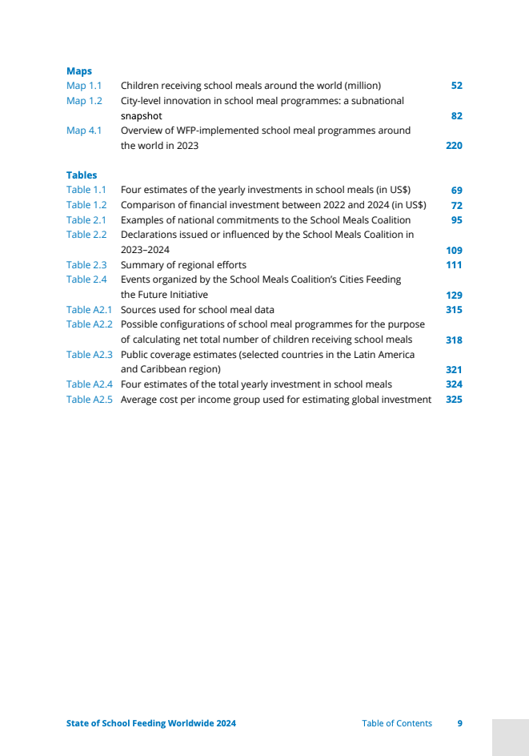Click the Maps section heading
(79, 71)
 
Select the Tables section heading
(82, 175)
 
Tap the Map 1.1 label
(84, 86)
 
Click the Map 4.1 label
(84, 131)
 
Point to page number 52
(457, 86)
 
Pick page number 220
(454, 146)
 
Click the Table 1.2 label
(86, 205)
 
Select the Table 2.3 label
(86, 265)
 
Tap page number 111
(454, 265)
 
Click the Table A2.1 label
(90, 310)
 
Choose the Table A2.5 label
(90, 400)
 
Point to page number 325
(454, 400)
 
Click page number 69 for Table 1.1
(457, 191)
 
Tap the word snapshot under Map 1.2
(142, 116)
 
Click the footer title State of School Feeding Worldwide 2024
(151, 723)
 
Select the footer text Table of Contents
(397, 723)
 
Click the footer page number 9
(460, 723)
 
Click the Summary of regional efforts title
(183, 265)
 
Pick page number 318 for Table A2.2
(454, 340)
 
